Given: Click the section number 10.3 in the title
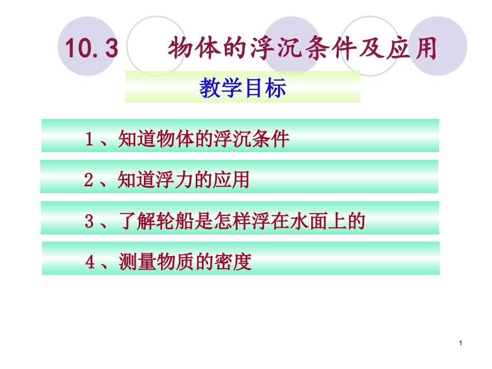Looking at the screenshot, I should [92, 50].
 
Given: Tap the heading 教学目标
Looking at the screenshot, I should [242, 88].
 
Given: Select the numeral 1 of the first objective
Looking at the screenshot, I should [89, 139].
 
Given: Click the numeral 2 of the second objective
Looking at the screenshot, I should [88, 180].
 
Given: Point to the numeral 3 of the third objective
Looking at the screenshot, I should [89, 222].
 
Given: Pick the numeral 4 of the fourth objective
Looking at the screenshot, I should [90, 263].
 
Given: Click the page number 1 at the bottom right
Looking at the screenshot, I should [460, 344].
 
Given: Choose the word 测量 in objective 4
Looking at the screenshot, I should [134, 263].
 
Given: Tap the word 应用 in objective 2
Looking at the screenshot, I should [233, 180].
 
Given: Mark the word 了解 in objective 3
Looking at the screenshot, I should [134, 222].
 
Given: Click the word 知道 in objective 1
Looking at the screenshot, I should [134, 139].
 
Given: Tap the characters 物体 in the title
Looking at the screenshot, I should [195, 49].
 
